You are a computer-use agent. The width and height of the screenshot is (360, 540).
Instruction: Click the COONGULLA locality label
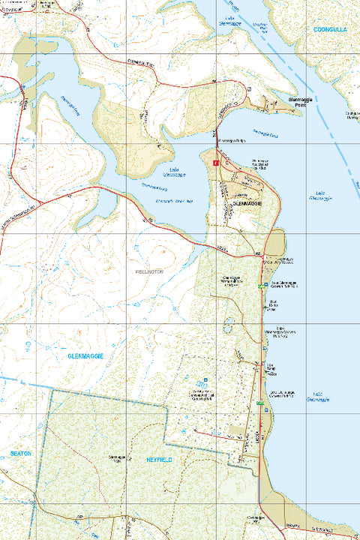pos(330,29)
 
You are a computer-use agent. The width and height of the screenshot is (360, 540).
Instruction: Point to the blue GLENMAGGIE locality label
pos(85,355)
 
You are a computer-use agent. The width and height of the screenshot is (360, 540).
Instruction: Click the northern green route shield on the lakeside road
pos(263,286)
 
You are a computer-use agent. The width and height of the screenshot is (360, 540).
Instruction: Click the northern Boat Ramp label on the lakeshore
pos(274,304)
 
